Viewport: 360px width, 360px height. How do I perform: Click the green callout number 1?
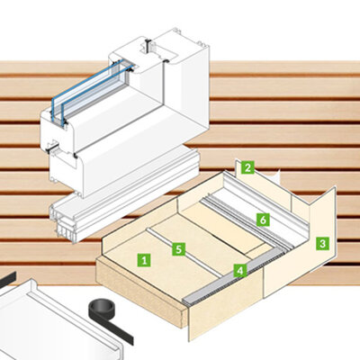point(143,258)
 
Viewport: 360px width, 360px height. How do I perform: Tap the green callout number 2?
point(247,166)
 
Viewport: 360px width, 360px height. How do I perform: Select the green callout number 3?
point(321,243)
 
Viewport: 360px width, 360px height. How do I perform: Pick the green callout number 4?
point(238,269)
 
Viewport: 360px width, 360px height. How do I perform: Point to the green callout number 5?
point(178,247)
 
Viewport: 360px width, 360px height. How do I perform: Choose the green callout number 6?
point(262,219)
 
